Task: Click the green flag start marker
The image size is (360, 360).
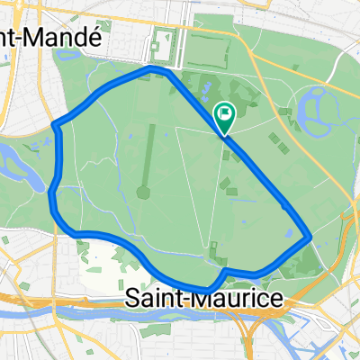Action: point(223,116)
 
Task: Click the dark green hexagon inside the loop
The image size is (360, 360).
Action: point(143,192)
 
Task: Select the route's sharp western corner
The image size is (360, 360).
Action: point(56,125)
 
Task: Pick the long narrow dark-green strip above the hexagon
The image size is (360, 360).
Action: point(149,148)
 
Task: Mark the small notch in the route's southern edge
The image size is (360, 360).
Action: point(224,271)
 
